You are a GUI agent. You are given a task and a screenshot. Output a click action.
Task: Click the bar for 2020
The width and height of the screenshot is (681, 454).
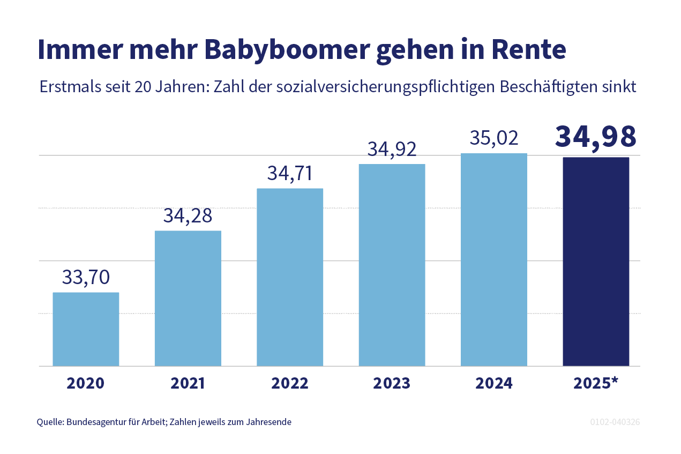click(86, 329)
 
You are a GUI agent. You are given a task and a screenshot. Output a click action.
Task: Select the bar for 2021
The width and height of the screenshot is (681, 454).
click(188, 298)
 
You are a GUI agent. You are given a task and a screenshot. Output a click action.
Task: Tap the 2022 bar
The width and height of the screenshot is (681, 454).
click(290, 277)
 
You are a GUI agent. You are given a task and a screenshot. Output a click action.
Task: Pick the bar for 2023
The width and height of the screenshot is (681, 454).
click(392, 265)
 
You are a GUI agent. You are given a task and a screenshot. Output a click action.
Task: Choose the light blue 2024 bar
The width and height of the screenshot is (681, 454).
click(493, 259)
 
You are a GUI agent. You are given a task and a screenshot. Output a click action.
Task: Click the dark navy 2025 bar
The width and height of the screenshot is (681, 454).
click(595, 262)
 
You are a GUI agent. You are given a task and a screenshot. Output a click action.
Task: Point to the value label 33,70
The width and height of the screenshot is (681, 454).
click(86, 277)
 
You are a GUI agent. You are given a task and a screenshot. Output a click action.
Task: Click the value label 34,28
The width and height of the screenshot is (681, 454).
click(188, 215)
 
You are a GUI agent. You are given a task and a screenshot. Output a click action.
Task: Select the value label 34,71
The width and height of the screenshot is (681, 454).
click(290, 174)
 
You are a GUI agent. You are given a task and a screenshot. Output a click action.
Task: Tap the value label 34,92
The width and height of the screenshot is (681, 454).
click(392, 149)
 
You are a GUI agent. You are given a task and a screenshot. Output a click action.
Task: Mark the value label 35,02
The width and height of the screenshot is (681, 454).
click(493, 138)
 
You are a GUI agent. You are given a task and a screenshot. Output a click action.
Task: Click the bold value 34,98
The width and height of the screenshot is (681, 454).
click(595, 136)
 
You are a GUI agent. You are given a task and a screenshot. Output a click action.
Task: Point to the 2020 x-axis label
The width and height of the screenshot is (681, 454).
click(86, 383)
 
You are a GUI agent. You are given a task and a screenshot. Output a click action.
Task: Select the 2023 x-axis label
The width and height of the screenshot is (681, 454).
click(392, 383)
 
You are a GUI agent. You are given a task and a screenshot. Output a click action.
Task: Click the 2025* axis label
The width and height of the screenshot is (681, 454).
click(596, 383)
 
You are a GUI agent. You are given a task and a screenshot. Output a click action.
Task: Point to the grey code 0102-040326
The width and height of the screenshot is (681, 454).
click(615, 422)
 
